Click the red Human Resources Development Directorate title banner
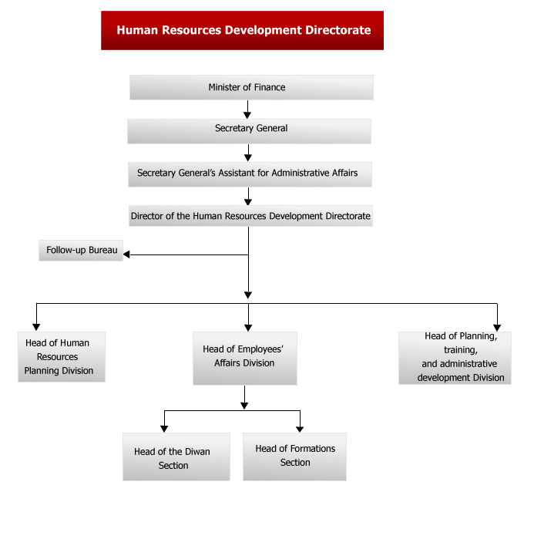pyautogui.click(x=242, y=30)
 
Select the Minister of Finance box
pyautogui.click(x=251, y=87)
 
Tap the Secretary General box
pyautogui.click(x=249, y=131)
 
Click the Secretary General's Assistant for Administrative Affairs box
pyautogui.click(x=250, y=174)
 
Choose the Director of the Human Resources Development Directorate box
pyautogui.click(x=250, y=216)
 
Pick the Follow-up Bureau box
pyautogui.click(x=81, y=251)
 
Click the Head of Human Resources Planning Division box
pyautogui.click(x=62, y=357)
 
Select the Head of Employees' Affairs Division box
pyautogui.click(x=245, y=359)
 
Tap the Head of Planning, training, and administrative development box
pyautogui.click(x=455, y=358)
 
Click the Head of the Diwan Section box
pyautogui.click(x=176, y=457)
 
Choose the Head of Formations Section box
pyautogui.click(x=294, y=457)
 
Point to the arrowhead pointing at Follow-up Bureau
pyautogui.click(x=126, y=254)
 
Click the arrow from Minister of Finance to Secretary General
pyautogui.click(x=247, y=110)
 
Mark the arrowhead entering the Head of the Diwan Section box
pyautogui.click(x=164, y=429)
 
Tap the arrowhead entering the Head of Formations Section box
pyautogui.click(x=300, y=429)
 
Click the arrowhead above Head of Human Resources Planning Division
pyautogui.click(x=36, y=327)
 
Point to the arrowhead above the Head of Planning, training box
pyautogui.click(x=497, y=328)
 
